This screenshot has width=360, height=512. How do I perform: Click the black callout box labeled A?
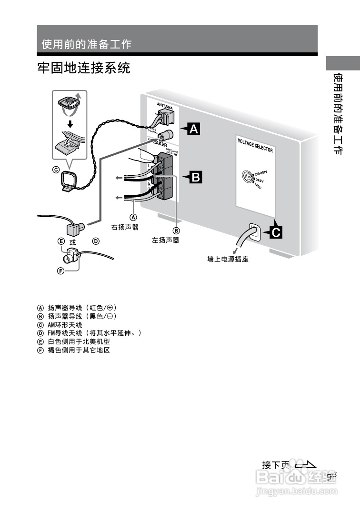[193, 129]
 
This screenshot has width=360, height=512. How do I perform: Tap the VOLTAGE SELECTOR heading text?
[255, 145]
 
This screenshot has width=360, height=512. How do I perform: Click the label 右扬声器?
[125, 227]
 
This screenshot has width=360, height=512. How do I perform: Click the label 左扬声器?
[166, 240]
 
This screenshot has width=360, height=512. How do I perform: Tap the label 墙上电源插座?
[228, 260]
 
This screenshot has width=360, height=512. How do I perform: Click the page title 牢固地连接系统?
[84, 68]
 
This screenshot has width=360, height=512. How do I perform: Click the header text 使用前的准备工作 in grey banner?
[86, 44]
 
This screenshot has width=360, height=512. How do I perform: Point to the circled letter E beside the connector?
[61, 241]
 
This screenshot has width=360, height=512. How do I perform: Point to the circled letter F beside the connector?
[60, 271]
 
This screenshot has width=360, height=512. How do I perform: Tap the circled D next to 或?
[96, 241]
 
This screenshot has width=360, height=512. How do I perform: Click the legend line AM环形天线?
[64, 325]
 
